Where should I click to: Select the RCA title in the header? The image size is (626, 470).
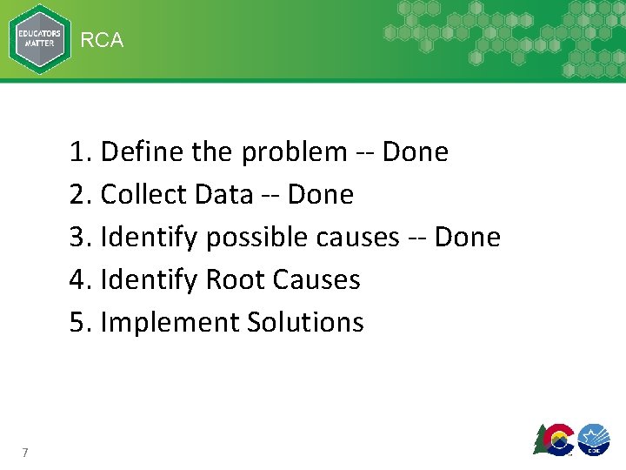[x=103, y=40]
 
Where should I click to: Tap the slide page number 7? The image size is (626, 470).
[x=26, y=452]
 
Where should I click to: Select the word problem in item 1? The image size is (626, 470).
[x=294, y=153]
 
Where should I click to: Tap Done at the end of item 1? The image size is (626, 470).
[x=415, y=152]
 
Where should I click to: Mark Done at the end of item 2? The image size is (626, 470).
[x=321, y=195]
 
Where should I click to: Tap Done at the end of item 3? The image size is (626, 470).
[x=467, y=237]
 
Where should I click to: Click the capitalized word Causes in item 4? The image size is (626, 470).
[x=316, y=280]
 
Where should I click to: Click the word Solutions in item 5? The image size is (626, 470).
[x=305, y=322]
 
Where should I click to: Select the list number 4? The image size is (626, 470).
[x=79, y=280]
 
